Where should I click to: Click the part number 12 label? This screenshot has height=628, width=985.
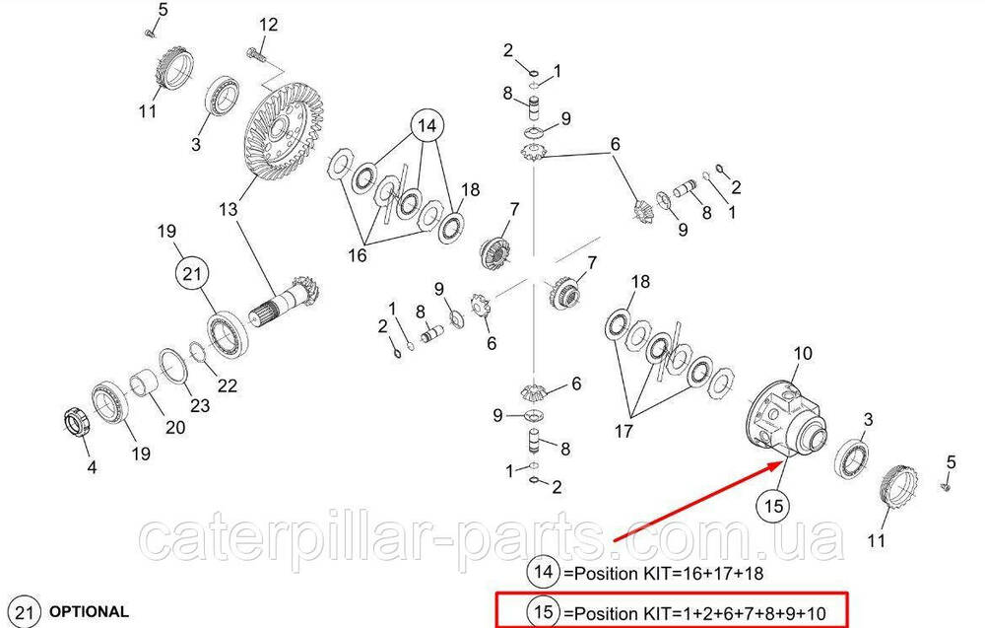(268, 26)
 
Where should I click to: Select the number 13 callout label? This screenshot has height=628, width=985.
(229, 209)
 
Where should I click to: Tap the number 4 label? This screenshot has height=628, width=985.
(92, 467)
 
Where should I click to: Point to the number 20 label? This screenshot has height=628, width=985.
(175, 428)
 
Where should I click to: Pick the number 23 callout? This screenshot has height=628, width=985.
(200, 405)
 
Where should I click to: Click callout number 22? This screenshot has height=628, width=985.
(227, 385)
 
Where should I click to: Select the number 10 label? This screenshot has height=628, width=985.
(803, 354)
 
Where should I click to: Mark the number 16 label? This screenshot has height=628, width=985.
(357, 255)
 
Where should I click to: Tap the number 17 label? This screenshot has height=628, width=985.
(624, 431)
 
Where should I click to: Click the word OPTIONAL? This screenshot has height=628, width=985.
(89, 611)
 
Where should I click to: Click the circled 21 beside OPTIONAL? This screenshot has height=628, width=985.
(24, 612)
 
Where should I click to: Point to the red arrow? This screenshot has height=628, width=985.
(697, 501)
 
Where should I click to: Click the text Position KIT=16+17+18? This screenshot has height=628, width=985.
(663, 574)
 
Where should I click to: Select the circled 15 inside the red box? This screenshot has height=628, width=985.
(544, 611)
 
